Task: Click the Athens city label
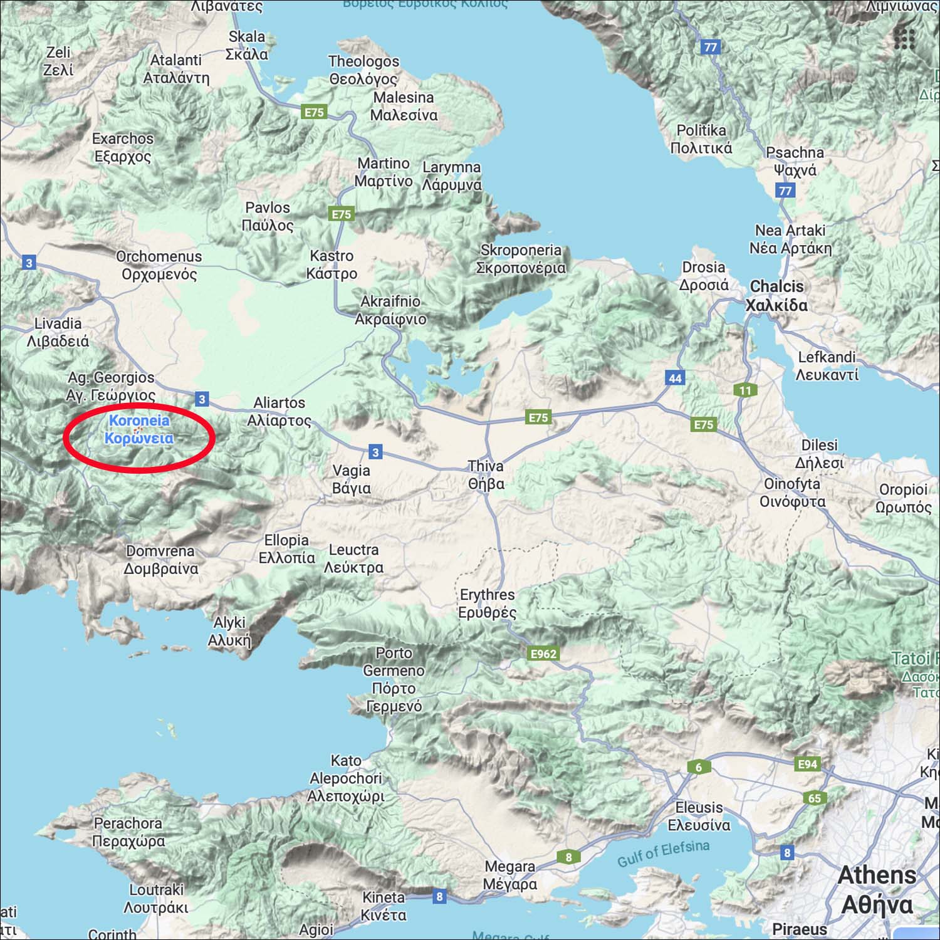tap(877, 890)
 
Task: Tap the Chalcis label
tap(776, 296)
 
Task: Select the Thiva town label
tap(486, 475)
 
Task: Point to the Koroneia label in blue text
tap(139, 429)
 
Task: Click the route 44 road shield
tap(675, 378)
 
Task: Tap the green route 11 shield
tap(745, 390)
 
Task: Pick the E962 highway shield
tap(543, 654)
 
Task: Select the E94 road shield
tap(807, 764)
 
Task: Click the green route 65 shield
tap(814, 798)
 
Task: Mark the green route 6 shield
tap(699, 767)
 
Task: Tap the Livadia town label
tap(58, 332)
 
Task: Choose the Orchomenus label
tap(159, 265)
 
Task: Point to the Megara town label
tap(510, 875)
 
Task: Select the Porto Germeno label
tap(394, 679)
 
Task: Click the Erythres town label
tap(487, 603)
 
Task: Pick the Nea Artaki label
tap(790, 239)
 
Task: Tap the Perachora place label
tap(128, 832)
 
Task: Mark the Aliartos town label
tap(279, 412)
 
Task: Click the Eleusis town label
tap(699, 817)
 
